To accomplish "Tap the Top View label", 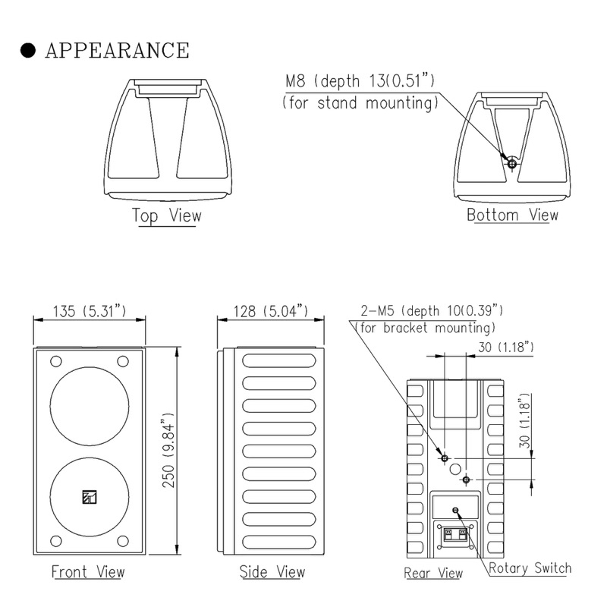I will tap(167, 215).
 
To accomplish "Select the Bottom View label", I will tap(512, 215).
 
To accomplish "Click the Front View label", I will tap(88, 571).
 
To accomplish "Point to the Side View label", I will tap(272, 571).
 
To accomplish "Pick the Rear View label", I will tap(433, 573).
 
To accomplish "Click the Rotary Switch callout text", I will tap(530, 568).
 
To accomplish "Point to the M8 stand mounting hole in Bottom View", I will tap(512, 163).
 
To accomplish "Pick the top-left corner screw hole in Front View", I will tap(55, 361).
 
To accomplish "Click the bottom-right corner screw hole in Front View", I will tap(122, 540).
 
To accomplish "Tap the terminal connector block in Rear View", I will tap(455, 536).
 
